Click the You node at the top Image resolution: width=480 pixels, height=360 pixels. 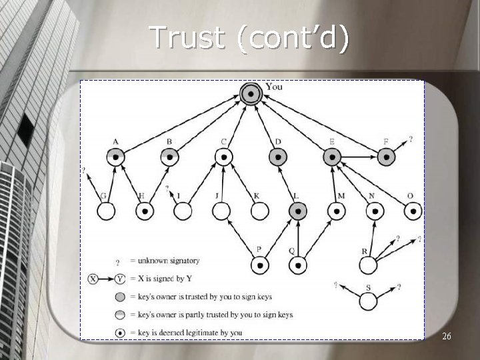click(251, 94)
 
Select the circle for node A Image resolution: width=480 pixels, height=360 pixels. click(117, 157)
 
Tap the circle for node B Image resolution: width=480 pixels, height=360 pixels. click(170, 157)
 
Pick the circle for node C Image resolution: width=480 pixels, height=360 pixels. click(223, 157)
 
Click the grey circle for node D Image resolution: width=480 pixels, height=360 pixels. click(277, 157)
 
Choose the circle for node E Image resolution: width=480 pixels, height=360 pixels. click(331, 157)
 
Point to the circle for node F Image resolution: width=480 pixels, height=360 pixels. click(386, 157)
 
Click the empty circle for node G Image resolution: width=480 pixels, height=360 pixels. click(105, 211)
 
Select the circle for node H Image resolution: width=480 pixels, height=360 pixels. click(144, 211)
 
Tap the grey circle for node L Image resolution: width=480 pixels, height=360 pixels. click(298, 211)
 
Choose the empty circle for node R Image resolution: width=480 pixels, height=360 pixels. click(367, 265)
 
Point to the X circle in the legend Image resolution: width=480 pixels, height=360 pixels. click(93, 278)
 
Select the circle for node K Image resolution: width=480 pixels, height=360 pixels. click(259, 211)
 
